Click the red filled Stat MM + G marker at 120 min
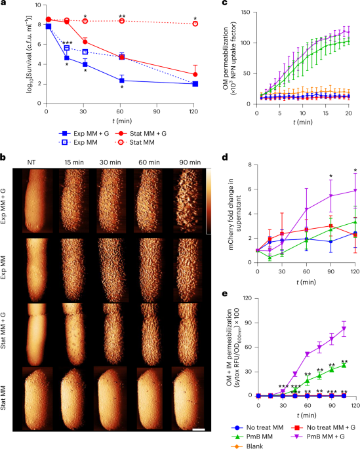coord(195,74)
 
